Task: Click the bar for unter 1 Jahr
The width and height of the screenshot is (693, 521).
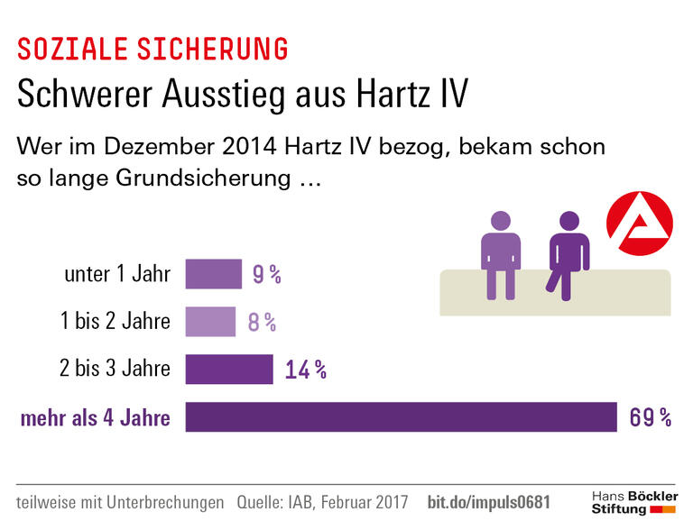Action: click(213, 274)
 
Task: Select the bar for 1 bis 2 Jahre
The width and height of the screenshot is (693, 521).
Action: click(210, 322)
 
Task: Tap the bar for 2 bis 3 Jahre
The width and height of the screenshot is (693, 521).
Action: click(228, 370)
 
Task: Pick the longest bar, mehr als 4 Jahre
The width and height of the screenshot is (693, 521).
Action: click(401, 417)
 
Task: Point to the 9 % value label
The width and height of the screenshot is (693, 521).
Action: click(266, 275)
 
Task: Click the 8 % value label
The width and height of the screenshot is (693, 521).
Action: click(261, 322)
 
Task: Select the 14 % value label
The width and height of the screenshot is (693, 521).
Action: click(305, 370)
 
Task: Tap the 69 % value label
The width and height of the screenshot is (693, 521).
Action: click(651, 417)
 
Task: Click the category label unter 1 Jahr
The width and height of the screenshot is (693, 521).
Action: click(117, 274)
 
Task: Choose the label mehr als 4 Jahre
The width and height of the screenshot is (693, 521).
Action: click(95, 417)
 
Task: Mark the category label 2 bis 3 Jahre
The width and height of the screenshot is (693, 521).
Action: click(115, 370)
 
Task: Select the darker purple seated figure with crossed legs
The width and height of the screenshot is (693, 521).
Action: click(568, 252)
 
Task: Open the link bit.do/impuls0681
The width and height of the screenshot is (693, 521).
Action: click(487, 501)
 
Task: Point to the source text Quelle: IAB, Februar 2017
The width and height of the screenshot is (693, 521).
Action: click(323, 501)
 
